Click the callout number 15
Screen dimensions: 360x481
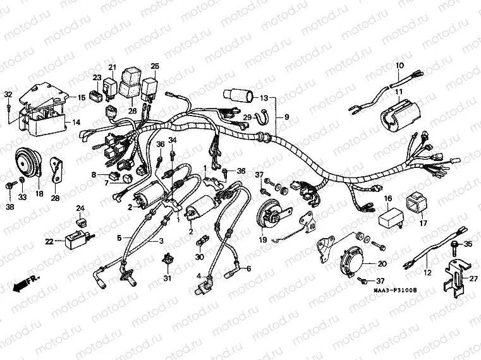point(82,98)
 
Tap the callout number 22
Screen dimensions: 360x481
point(49,240)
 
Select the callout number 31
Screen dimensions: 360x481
point(167,278)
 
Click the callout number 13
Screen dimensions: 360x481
point(263,99)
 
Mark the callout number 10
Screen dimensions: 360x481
point(399,66)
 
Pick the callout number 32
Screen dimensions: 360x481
point(8,95)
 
